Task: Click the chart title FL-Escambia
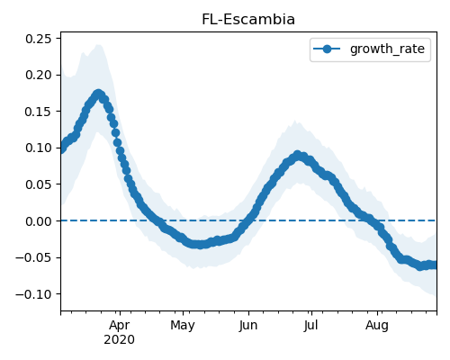pos(248,20)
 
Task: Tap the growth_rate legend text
pos(387,49)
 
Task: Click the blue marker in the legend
pos(327,49)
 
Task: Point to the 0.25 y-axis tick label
pos(39,39)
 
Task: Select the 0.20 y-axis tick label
pos(39,75)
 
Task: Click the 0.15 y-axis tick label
pos(39,112)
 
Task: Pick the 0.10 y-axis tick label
pos(39,148)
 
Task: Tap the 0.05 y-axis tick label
pos(39,184)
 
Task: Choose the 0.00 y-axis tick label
pos(39,221)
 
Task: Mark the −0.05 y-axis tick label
pos(34,257)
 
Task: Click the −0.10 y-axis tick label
pos(34,294)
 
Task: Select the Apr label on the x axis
pos(120,326)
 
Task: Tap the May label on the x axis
pos(183,326)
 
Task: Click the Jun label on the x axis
pos(248,326)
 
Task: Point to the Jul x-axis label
pos(310,326)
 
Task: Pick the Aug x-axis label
pos(377,326)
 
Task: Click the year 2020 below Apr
pos(119,340)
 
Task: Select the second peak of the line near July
pos(297,156)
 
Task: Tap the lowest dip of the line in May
pos(200,245)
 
